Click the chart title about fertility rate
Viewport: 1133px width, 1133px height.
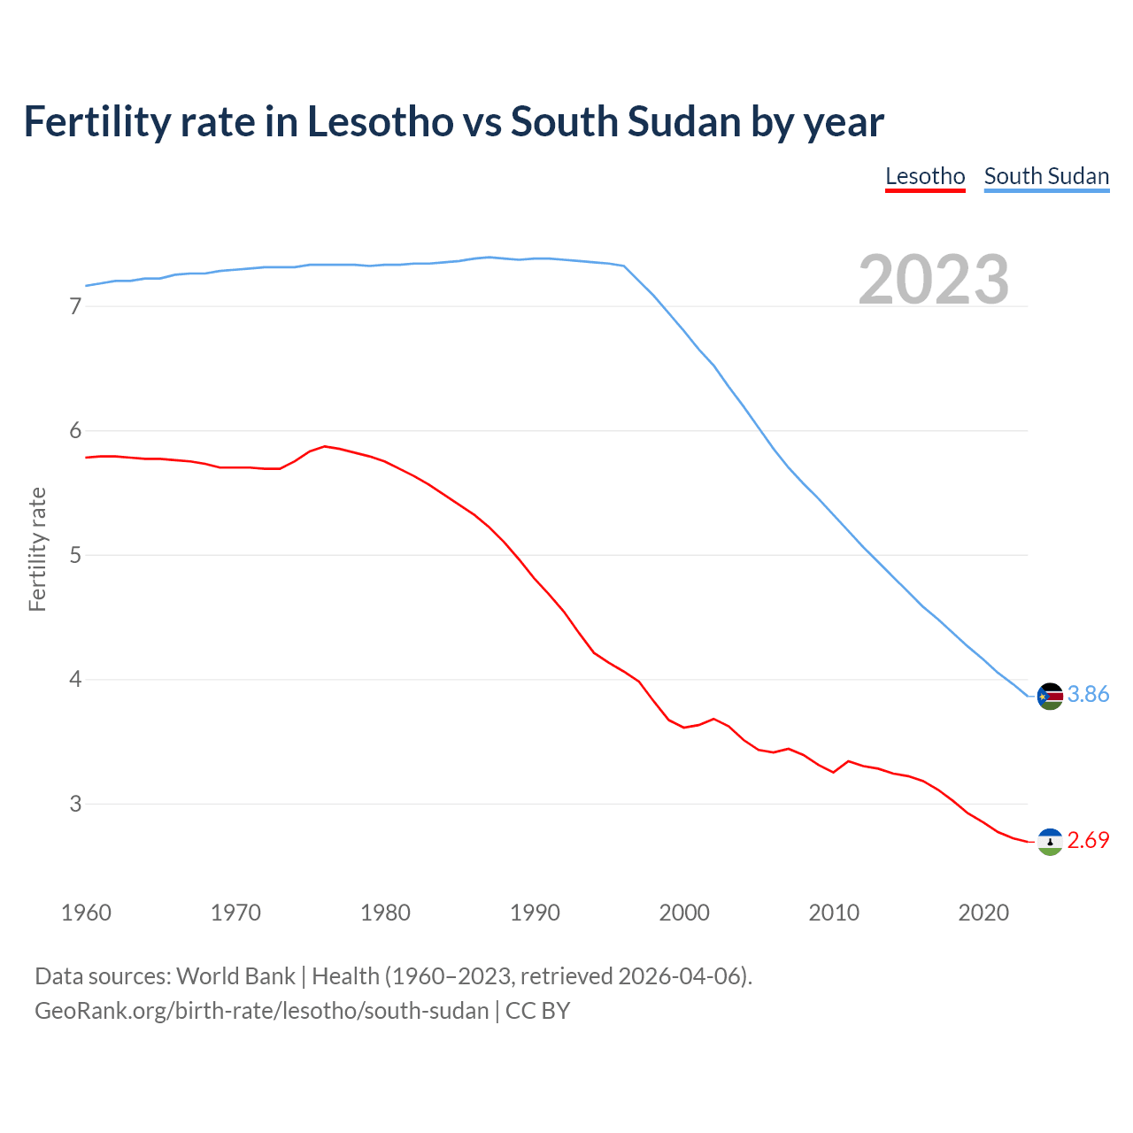(x=453, y=121)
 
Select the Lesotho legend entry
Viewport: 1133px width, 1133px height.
(x=925, y=176)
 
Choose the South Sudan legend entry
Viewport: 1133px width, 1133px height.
(x=1046, y=176)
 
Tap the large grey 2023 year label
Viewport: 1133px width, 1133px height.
(x=934, y=280)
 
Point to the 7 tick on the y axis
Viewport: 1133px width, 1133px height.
(x=75, y=306)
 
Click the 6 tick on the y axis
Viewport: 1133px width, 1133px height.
(x=75, y=431)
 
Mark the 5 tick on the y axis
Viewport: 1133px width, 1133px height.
(x=75, y=555)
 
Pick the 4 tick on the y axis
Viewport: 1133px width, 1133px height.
(x=75, y=680)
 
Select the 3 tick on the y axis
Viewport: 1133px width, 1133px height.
(x=75, y=804)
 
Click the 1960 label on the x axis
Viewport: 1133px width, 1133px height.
(x=86, y=913)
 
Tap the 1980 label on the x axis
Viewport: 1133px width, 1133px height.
(x=385, y=913)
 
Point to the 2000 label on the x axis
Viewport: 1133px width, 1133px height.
(x=684, y=913)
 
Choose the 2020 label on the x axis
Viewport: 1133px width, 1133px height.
(x=983, y=913)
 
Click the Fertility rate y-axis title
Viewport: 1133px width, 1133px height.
(x=37, y=549)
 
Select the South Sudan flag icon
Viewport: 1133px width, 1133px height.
(x=1050, y=696)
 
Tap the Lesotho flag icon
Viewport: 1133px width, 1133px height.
(x=1050, y=841)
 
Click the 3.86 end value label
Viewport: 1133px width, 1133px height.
(x=1088, y=695)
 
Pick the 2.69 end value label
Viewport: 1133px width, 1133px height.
(x=1088, y=840)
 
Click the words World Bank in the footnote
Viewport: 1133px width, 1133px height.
(x=235, y=976)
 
